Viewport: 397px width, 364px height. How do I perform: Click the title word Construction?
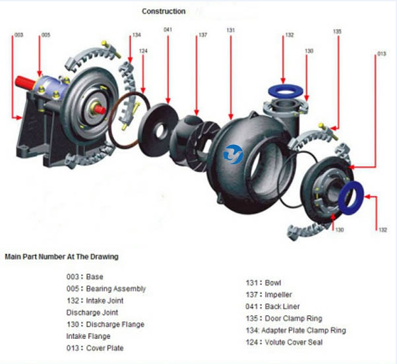point(164,11)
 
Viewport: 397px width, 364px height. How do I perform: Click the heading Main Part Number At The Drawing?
point(61,257)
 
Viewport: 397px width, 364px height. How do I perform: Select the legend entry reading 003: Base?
point(85,277)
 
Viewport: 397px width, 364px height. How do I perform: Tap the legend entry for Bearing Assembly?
point(106,289)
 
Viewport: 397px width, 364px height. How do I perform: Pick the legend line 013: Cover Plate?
point(95,348)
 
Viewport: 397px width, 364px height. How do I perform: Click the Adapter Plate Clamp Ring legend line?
point(293,330)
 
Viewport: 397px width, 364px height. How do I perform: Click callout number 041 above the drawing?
point(168,30)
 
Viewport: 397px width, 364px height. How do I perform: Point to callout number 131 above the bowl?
point(230,30)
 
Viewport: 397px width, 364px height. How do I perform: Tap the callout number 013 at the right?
point(381,53)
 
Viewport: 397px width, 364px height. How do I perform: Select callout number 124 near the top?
point(143,51)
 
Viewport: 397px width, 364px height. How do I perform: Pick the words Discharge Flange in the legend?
point(115,324)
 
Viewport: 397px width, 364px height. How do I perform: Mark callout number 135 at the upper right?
point(337,31)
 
